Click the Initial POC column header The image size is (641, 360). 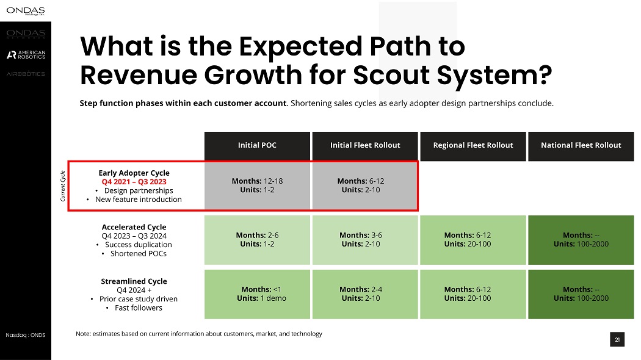coord(257,145)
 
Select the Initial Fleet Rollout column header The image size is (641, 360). coord(365,145)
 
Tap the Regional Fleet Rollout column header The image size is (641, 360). coord(473,145)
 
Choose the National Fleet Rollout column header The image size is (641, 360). coord(581,145)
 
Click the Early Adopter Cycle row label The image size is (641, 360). coord(134,173)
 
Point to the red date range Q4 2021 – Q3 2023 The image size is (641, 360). coord(134,182)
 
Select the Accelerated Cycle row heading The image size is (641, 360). coord(134,227)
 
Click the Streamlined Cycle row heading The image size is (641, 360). coord(134,281)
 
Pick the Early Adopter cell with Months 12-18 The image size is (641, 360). coord(257,185)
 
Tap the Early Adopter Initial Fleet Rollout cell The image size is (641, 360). coord(365,185)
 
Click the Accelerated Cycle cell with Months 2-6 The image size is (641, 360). coord(257,239)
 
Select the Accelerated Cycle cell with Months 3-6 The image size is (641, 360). coord(365,239)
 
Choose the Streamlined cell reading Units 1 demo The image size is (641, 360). coord(257,293)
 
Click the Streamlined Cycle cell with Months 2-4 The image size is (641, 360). coord(365,293)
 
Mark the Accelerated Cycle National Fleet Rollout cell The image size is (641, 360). coord(581,239)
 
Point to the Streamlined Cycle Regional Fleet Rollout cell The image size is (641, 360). coord(473,293)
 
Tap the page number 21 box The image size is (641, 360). coord(617,340)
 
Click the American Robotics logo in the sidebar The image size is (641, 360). coord(26,55)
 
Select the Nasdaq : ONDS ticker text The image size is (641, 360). coord(26,335)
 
